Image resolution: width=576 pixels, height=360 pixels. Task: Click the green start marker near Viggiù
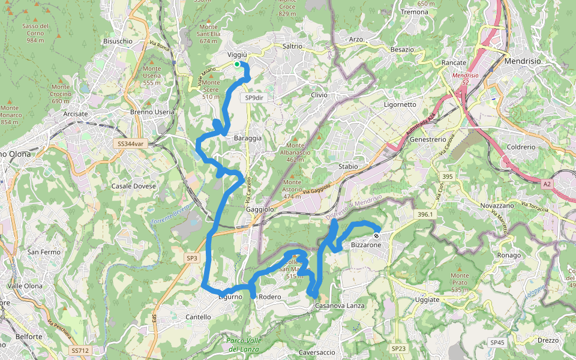[x=237, y=64]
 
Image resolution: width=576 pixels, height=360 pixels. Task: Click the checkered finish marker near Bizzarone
[x=376, y=236]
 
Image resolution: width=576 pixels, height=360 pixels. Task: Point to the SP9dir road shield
[x=255, y=97]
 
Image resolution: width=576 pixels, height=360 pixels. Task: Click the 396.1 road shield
[x=424, y=214]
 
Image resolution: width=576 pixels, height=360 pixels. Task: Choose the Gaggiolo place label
[x=260, y=209]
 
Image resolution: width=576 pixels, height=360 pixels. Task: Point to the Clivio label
[x=319, y=95]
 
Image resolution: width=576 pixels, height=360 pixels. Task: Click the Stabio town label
[x=348, y=166]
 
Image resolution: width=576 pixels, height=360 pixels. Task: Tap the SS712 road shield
[x=80, y=350]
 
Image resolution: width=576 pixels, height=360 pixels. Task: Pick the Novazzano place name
[x=497, y=206]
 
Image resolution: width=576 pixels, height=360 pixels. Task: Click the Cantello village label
[x=199, y=317]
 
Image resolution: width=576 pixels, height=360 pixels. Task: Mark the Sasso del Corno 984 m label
[x=35, y=33]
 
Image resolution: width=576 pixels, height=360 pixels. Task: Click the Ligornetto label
[x=400, y=104]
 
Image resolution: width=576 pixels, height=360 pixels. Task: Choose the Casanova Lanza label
[x=340, y=306]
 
